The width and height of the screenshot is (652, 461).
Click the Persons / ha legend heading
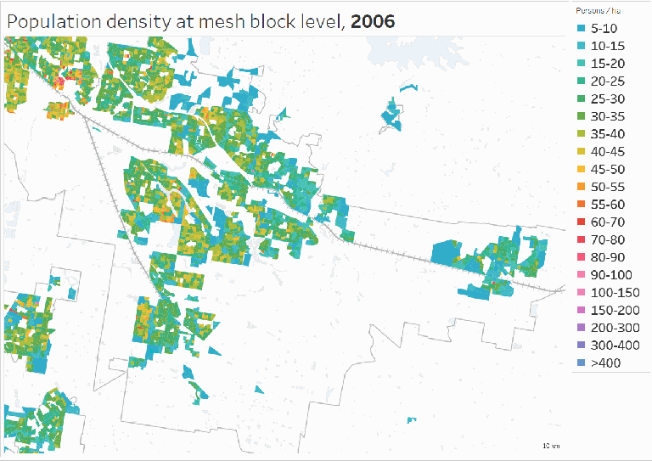[x=596, y=10]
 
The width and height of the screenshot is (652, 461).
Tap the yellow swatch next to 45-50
[x=582, y=169]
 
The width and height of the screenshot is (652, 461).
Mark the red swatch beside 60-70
[x=582, y=222]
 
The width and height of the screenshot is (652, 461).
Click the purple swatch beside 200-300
[x=582, y=328]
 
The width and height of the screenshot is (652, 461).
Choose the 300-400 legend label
[x=614, y=346]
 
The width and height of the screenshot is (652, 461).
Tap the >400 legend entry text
[x=604, y=363]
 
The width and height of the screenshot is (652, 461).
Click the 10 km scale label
[x=551, y=446]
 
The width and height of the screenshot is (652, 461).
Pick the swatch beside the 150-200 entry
[x=582, y=310]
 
